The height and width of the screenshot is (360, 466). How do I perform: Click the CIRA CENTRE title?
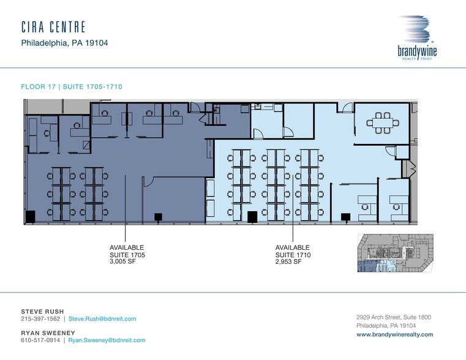pyautogui.click(x=53, y=27)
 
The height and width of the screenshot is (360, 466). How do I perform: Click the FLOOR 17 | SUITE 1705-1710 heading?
pyautogui.click(x=76, y=87)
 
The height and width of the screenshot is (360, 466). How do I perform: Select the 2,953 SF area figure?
pyautogui.click(x=288, y=261)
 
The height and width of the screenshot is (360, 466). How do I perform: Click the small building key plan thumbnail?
pyautogui.click(x=394, y=253)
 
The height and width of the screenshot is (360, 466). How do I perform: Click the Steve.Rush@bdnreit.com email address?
pyautogui.click(x=102, y=319)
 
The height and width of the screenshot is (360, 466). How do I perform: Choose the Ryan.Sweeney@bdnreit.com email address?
pyautogui.click(x=107, y=340)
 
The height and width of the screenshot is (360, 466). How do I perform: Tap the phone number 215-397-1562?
pyautogui.click(x=40, y=319)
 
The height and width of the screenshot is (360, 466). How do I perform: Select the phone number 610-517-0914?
pyautogui.click(x=40, y=340)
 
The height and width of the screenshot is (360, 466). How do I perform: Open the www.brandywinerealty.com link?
pyautogui.click(x=394, y=335)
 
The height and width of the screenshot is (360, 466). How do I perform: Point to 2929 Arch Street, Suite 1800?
pyautogui.click(x=394, y=317)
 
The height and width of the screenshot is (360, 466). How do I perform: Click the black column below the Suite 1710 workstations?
pyautogui.click(x=252, y=216)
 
